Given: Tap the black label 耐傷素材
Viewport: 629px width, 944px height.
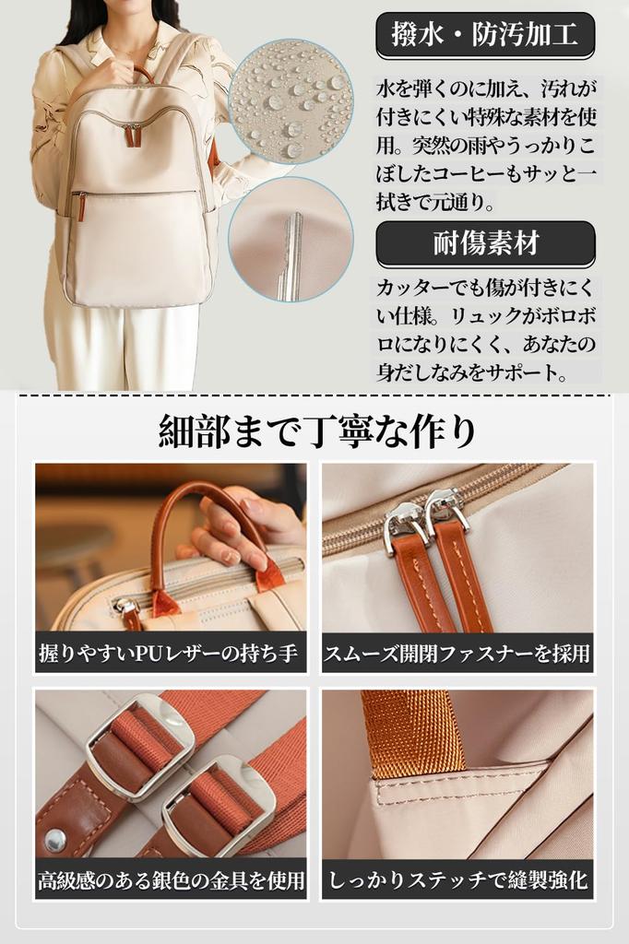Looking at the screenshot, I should coord(485,244).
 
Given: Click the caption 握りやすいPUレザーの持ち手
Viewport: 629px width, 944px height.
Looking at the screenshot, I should coord(171,654).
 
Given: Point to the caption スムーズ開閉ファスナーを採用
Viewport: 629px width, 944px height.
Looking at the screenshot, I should coord(457,654).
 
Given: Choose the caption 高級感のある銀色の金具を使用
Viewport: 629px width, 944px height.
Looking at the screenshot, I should coord(171,880).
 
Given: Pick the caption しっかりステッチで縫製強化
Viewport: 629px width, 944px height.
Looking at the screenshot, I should coord(457,880).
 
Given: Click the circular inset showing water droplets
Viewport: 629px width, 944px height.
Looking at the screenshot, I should coord(290,100).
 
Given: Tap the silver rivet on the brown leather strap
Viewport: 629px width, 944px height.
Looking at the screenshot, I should coord(56,839).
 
